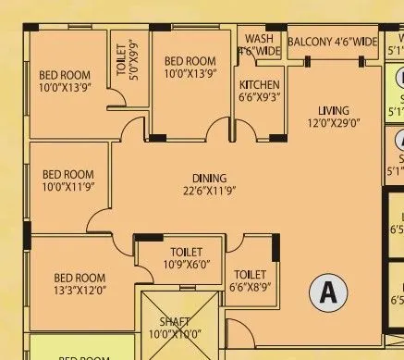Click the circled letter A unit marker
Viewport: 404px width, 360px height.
pos(326,292)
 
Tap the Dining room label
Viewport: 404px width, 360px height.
pos(210,178)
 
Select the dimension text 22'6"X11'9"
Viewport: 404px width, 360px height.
pos(210,192)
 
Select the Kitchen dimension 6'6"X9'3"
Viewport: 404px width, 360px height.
pos(259,95)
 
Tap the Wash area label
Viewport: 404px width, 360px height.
pos(259,40)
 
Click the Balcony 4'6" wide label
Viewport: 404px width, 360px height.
pos(332,43)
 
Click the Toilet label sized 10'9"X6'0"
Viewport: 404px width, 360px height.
pos(178,252)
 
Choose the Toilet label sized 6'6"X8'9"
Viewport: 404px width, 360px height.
pos(251,275)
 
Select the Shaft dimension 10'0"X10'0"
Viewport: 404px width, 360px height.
pos(173,334)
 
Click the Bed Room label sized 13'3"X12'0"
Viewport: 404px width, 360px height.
pos(79,277)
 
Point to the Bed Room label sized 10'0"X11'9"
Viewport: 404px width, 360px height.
pos(68,174)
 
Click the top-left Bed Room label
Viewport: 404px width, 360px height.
pos(64,76)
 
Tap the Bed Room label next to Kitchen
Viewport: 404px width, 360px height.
pos(190,61)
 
